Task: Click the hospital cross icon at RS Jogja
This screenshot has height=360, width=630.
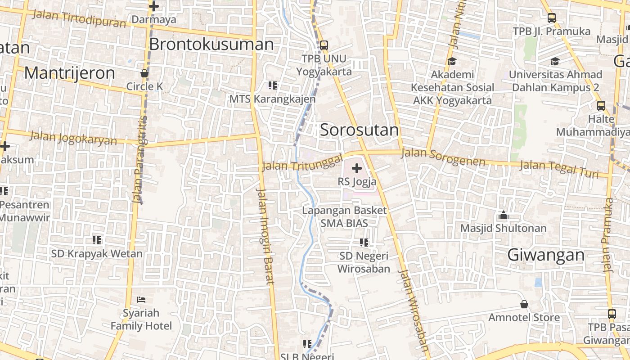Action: (x=357, y=169)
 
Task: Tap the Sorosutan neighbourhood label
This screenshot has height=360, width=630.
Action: (x=359, y=130)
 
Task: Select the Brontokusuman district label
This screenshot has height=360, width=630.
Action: (x=211, y=45)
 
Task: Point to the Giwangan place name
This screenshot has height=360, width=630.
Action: (x=546, y=255)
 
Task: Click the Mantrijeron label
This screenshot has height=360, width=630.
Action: (x=69, y=73)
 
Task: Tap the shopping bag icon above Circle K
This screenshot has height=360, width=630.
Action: (x=144, y=73)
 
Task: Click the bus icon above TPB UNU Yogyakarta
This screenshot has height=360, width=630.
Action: (x=324, y=45)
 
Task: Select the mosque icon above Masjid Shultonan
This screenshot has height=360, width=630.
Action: (x=503, y=216)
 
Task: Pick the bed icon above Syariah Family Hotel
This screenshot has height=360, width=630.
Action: (x=141, y=300)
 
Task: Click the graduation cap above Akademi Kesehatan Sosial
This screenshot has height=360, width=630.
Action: (x=452, y=61)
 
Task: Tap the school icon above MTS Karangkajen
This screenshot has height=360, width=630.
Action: (x=272, y=85)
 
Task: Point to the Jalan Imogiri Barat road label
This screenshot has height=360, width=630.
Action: (x=265, y=236)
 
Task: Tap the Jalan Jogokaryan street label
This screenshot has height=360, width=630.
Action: (x=73, y=138)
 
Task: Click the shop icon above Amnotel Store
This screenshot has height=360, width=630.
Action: (x=524, y=305)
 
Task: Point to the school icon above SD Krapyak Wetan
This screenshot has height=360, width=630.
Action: (x=97, y=240)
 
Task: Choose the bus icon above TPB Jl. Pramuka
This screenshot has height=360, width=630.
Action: (x=552, y=18)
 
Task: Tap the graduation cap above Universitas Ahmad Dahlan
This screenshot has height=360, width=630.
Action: (x=555, y=61)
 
